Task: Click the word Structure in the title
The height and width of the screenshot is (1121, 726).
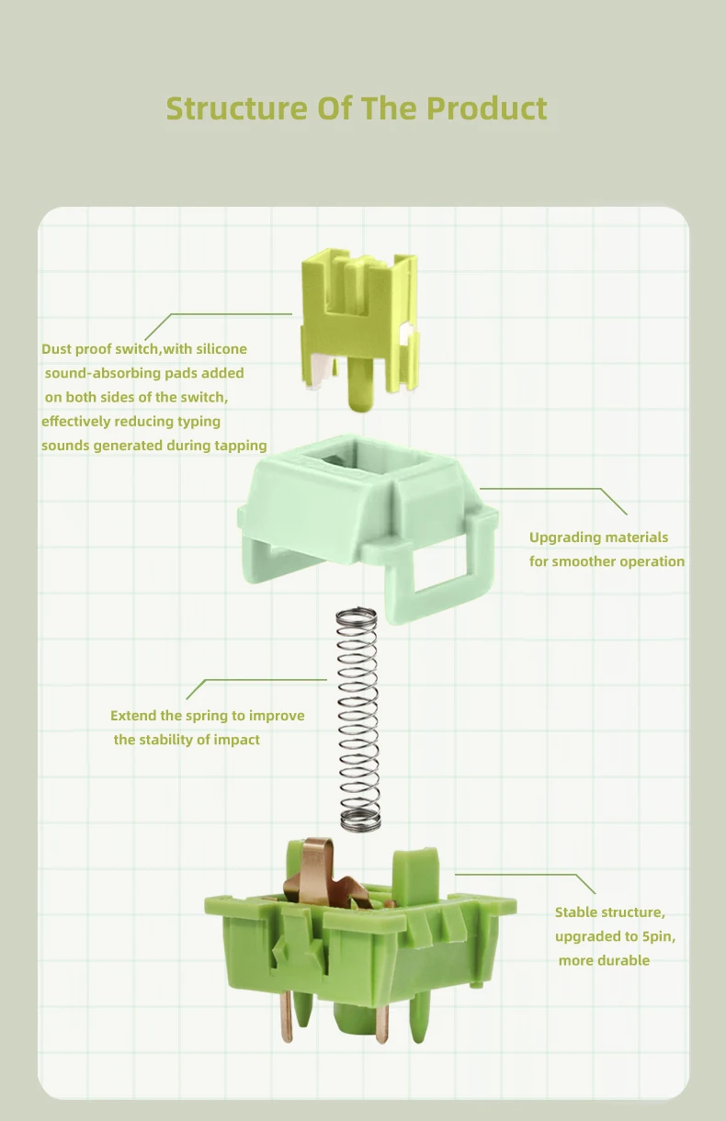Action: tap(236, 108)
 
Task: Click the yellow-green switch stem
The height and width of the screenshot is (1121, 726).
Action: tap(359, 325)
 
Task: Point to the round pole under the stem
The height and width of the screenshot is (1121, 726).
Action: tap(361, 385)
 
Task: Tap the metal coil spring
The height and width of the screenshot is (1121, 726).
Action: tap(357, 719)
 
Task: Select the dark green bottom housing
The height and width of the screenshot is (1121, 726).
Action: tap(360, 941)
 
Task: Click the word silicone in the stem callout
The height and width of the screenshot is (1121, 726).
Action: tap(221, 349)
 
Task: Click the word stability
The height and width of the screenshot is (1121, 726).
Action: tap(167, 741)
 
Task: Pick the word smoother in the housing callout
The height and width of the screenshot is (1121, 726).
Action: tap(584, 561)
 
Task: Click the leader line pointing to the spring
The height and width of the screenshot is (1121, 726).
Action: tap(256, 681)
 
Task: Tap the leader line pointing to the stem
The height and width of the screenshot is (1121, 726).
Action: tap(219, 315)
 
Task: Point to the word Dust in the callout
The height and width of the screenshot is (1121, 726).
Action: tap(57, 349)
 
